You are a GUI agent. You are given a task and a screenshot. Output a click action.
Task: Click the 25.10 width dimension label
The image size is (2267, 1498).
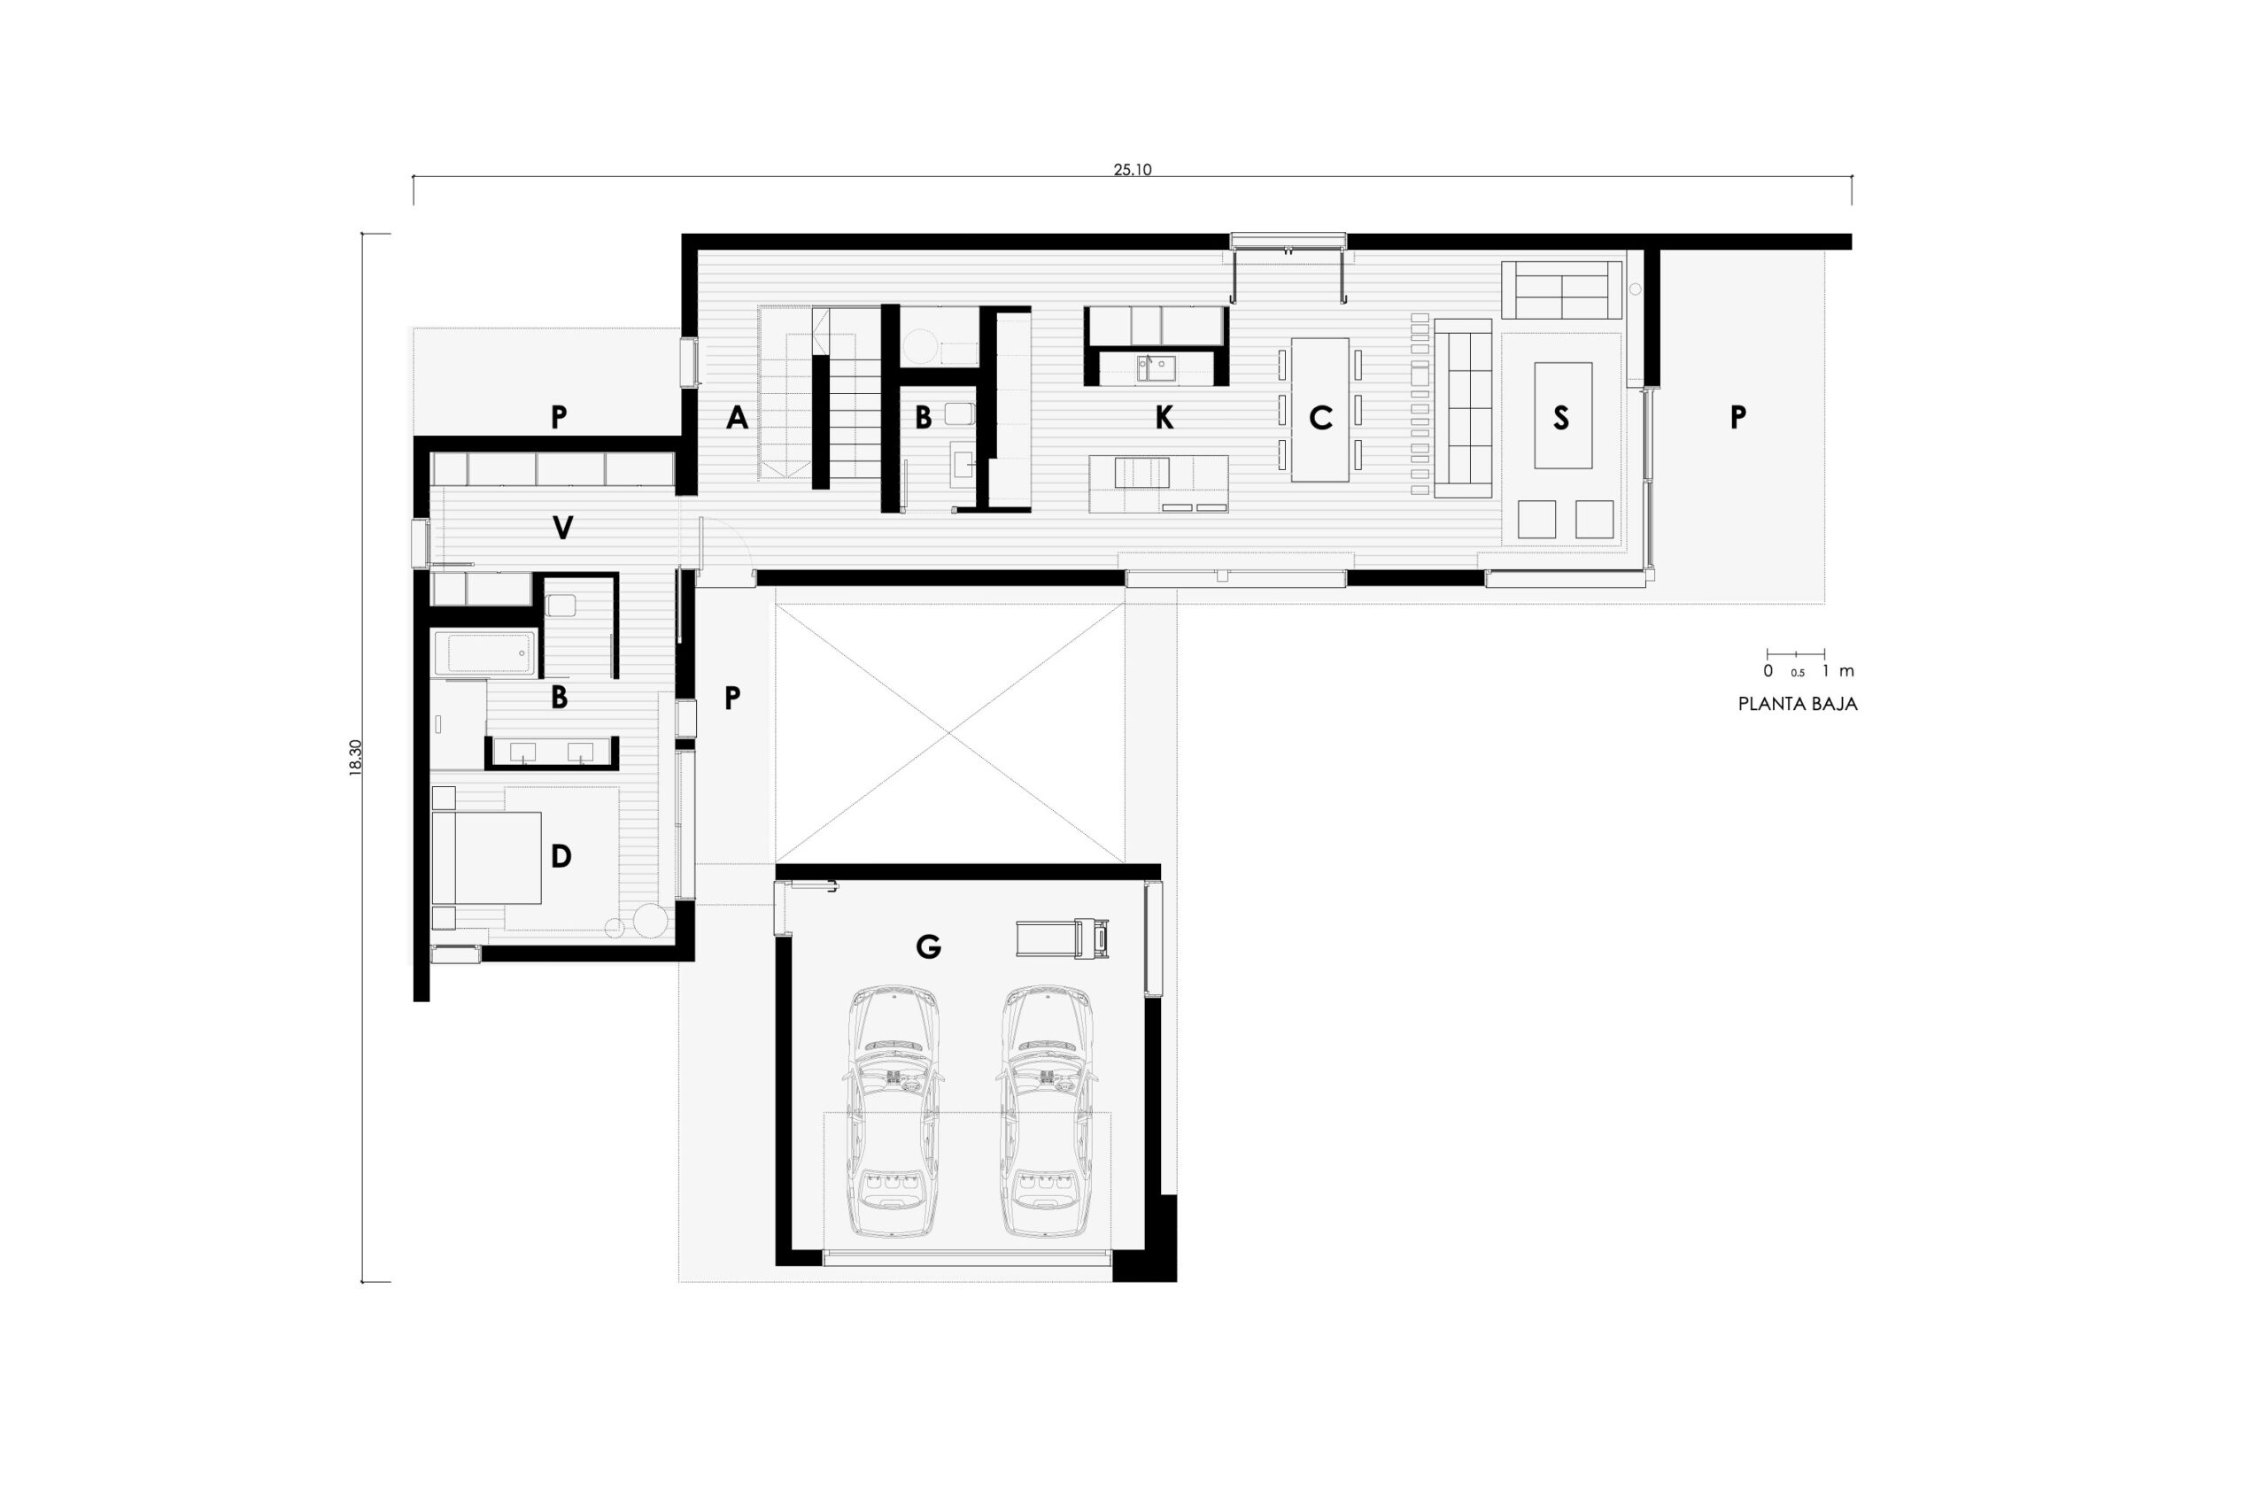point(1132,170)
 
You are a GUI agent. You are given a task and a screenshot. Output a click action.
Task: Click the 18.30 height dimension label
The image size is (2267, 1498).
point(355,758)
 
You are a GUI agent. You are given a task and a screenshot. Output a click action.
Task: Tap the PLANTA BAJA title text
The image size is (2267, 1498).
point(1797,704)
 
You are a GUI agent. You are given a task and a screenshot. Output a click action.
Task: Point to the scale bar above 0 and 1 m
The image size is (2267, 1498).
point(1795,653)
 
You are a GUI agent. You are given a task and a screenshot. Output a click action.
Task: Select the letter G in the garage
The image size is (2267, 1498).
point(928,946)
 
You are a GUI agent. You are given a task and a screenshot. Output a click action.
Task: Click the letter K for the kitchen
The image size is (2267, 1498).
point(1164,418)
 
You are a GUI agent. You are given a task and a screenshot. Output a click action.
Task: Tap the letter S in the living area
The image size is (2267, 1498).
point(1561,418)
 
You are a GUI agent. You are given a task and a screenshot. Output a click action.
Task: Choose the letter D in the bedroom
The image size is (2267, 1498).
point(561,856)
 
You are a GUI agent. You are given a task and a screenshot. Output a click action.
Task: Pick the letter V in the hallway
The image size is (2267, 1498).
point(562,528)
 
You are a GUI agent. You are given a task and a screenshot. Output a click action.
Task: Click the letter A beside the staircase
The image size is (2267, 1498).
point(737,418)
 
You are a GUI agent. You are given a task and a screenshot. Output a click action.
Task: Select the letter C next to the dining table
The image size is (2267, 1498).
point(1319,418)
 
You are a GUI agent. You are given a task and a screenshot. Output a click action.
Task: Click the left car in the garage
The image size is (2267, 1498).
point(894,1111)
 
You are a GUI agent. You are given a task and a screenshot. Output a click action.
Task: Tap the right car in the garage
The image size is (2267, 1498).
point(1046,1111)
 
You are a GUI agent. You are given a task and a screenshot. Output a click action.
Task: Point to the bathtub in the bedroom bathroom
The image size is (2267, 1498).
point(483,653)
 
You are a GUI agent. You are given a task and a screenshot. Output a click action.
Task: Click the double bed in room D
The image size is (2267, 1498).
point(487,858)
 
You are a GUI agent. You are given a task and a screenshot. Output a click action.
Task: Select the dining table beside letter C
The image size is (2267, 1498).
point(1319,410)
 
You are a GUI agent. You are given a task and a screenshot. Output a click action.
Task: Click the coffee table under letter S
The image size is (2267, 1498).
point(1563,415)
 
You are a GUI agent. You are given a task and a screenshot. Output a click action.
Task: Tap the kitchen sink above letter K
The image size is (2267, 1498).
point(1156,367)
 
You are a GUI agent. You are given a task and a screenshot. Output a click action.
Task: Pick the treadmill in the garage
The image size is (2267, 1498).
point(1063,938)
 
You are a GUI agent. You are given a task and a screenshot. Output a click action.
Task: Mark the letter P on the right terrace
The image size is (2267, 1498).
point(1737,418)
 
